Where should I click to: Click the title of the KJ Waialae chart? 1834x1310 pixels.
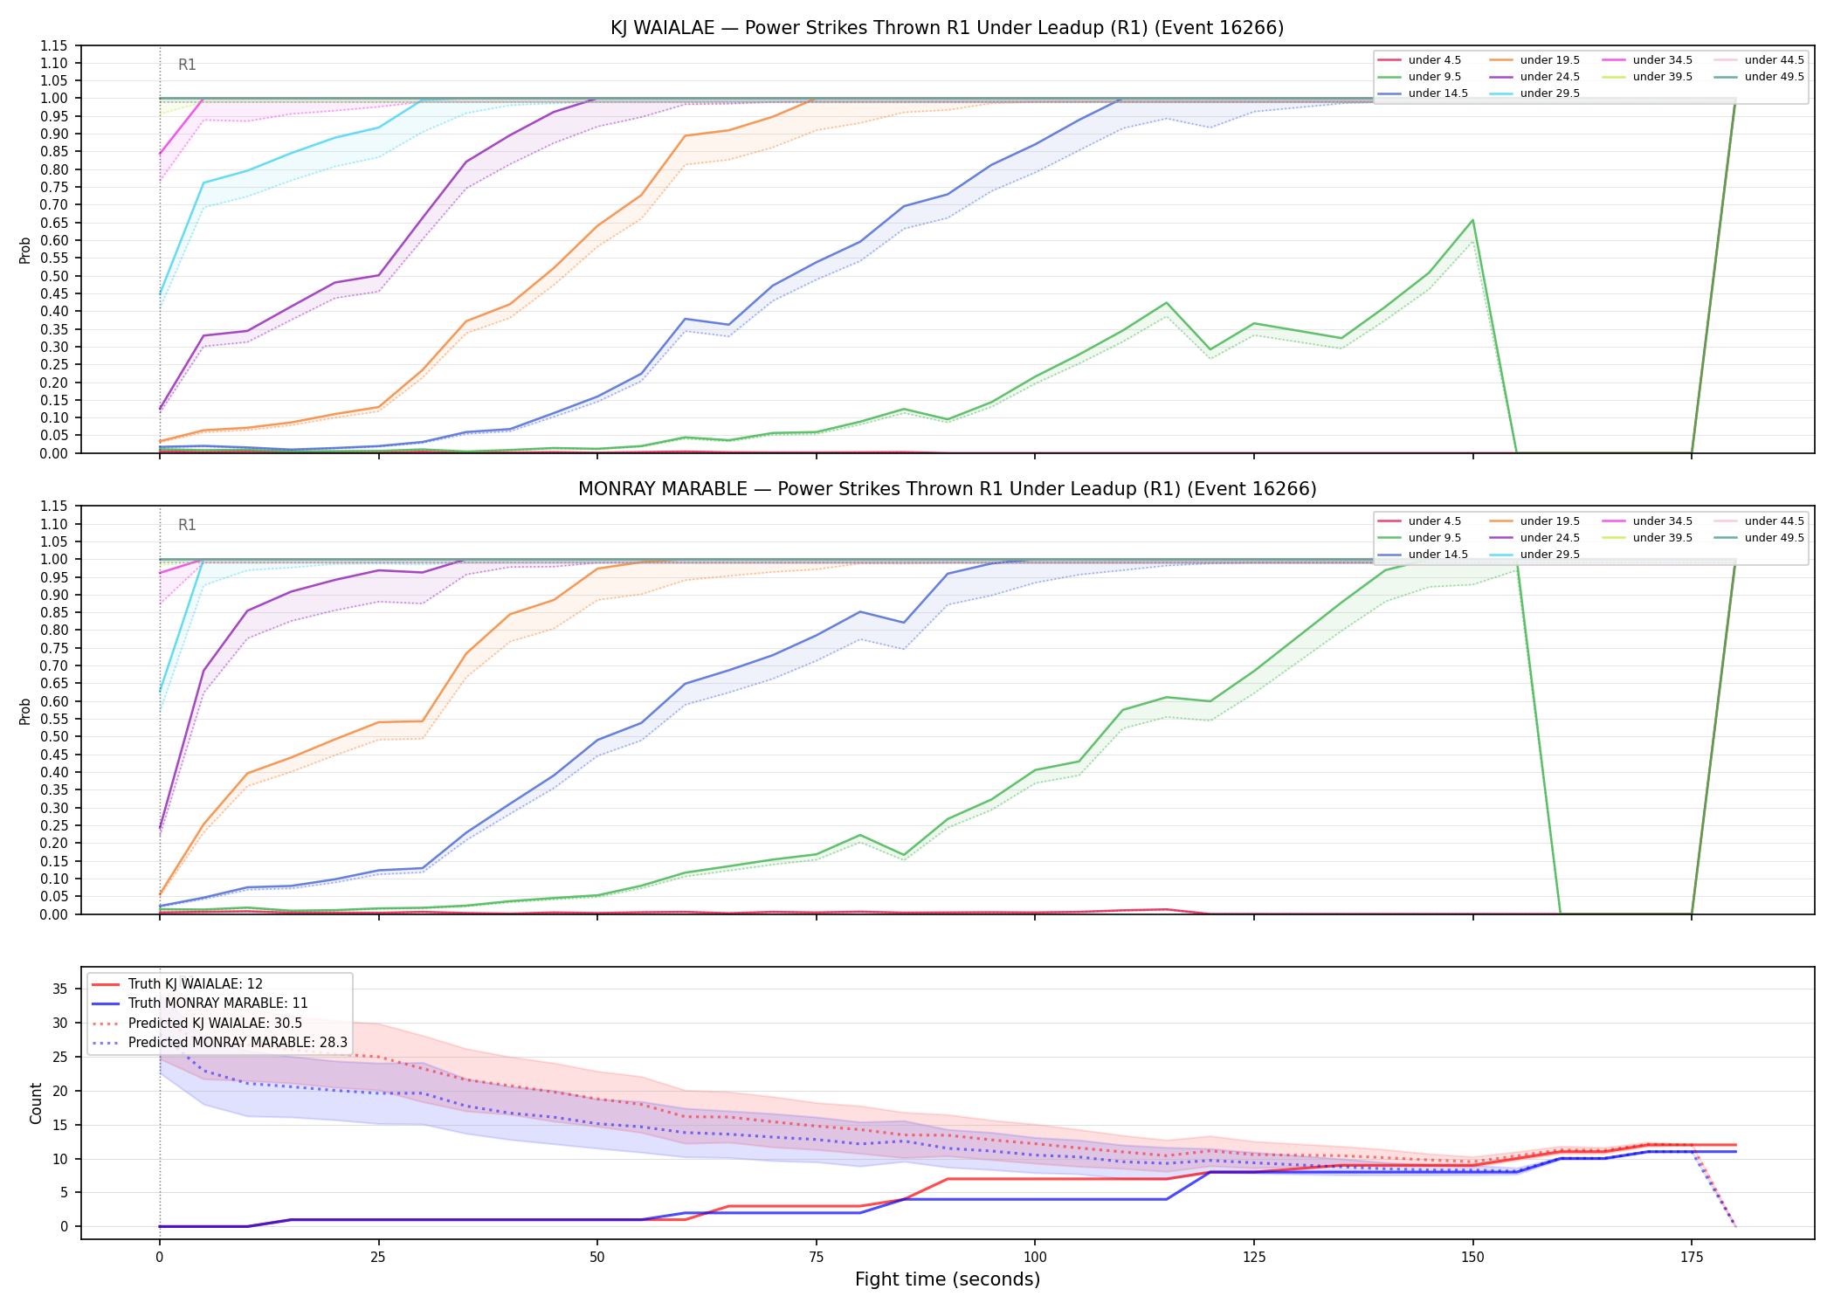click(947, 28)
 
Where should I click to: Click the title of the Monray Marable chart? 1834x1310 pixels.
click(947, 489)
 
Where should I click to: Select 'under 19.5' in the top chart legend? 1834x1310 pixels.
click(1549, 60)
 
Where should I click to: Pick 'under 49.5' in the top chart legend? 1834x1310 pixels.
click(1774, 77)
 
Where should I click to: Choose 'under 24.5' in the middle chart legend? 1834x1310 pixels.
click(1549, 538)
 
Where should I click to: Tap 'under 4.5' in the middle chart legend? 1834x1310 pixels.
click(1434, 521)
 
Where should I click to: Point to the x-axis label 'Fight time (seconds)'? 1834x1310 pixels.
click(948, 1279)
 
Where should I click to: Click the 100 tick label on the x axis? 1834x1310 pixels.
click(1035, 1258)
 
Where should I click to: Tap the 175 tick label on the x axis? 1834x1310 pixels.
click(1692, 1258)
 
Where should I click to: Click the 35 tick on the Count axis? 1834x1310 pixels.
click(60, 989)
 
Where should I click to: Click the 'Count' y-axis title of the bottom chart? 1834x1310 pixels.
click(36, 1103)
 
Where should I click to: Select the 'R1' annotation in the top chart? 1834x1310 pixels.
click(187, 65)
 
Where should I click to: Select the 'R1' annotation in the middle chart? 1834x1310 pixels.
click(187, 525)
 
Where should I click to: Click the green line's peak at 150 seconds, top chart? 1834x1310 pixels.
click(1472, 220)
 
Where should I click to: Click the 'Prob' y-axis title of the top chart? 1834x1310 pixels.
click(25, 251)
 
